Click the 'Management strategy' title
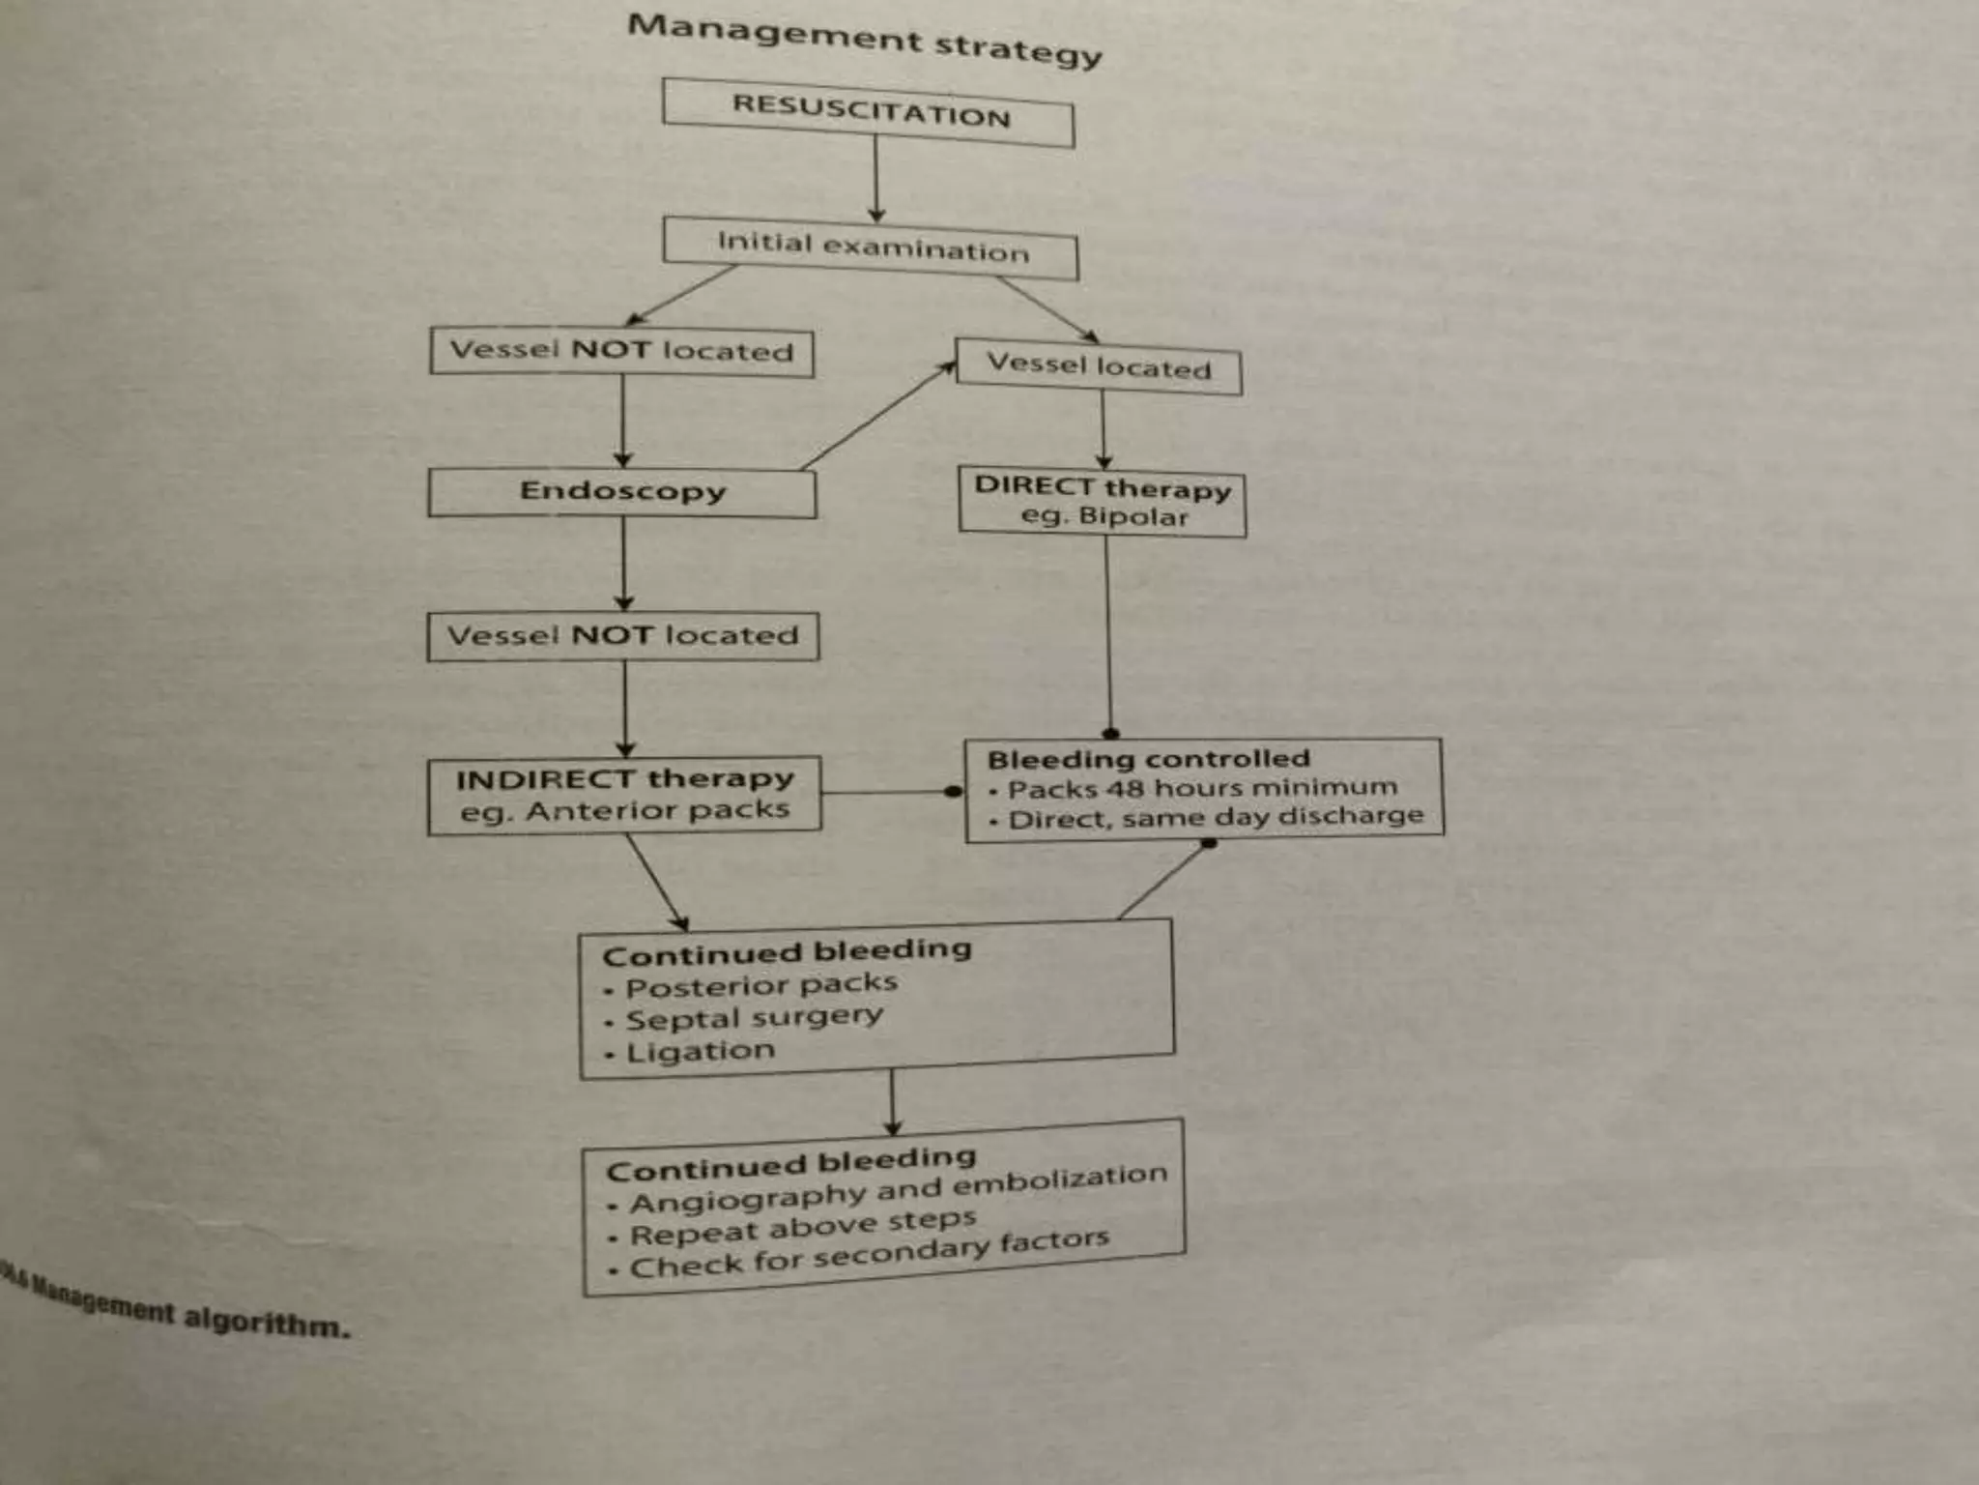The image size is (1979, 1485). (864, 39)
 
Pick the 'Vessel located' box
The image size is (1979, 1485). (1099, 366)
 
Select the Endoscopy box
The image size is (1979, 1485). (622, 491)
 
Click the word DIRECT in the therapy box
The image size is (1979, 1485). (1034, 485)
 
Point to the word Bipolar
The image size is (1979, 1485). (1133, 517)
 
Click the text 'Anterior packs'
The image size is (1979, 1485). (657, 811)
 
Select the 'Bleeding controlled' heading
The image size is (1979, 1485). (1148, 759)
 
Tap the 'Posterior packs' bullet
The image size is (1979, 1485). (760, 985)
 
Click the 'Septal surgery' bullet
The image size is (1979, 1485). (754, 1018)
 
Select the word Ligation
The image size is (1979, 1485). (701, 1052)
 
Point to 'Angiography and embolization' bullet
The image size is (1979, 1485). (898, 1190)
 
